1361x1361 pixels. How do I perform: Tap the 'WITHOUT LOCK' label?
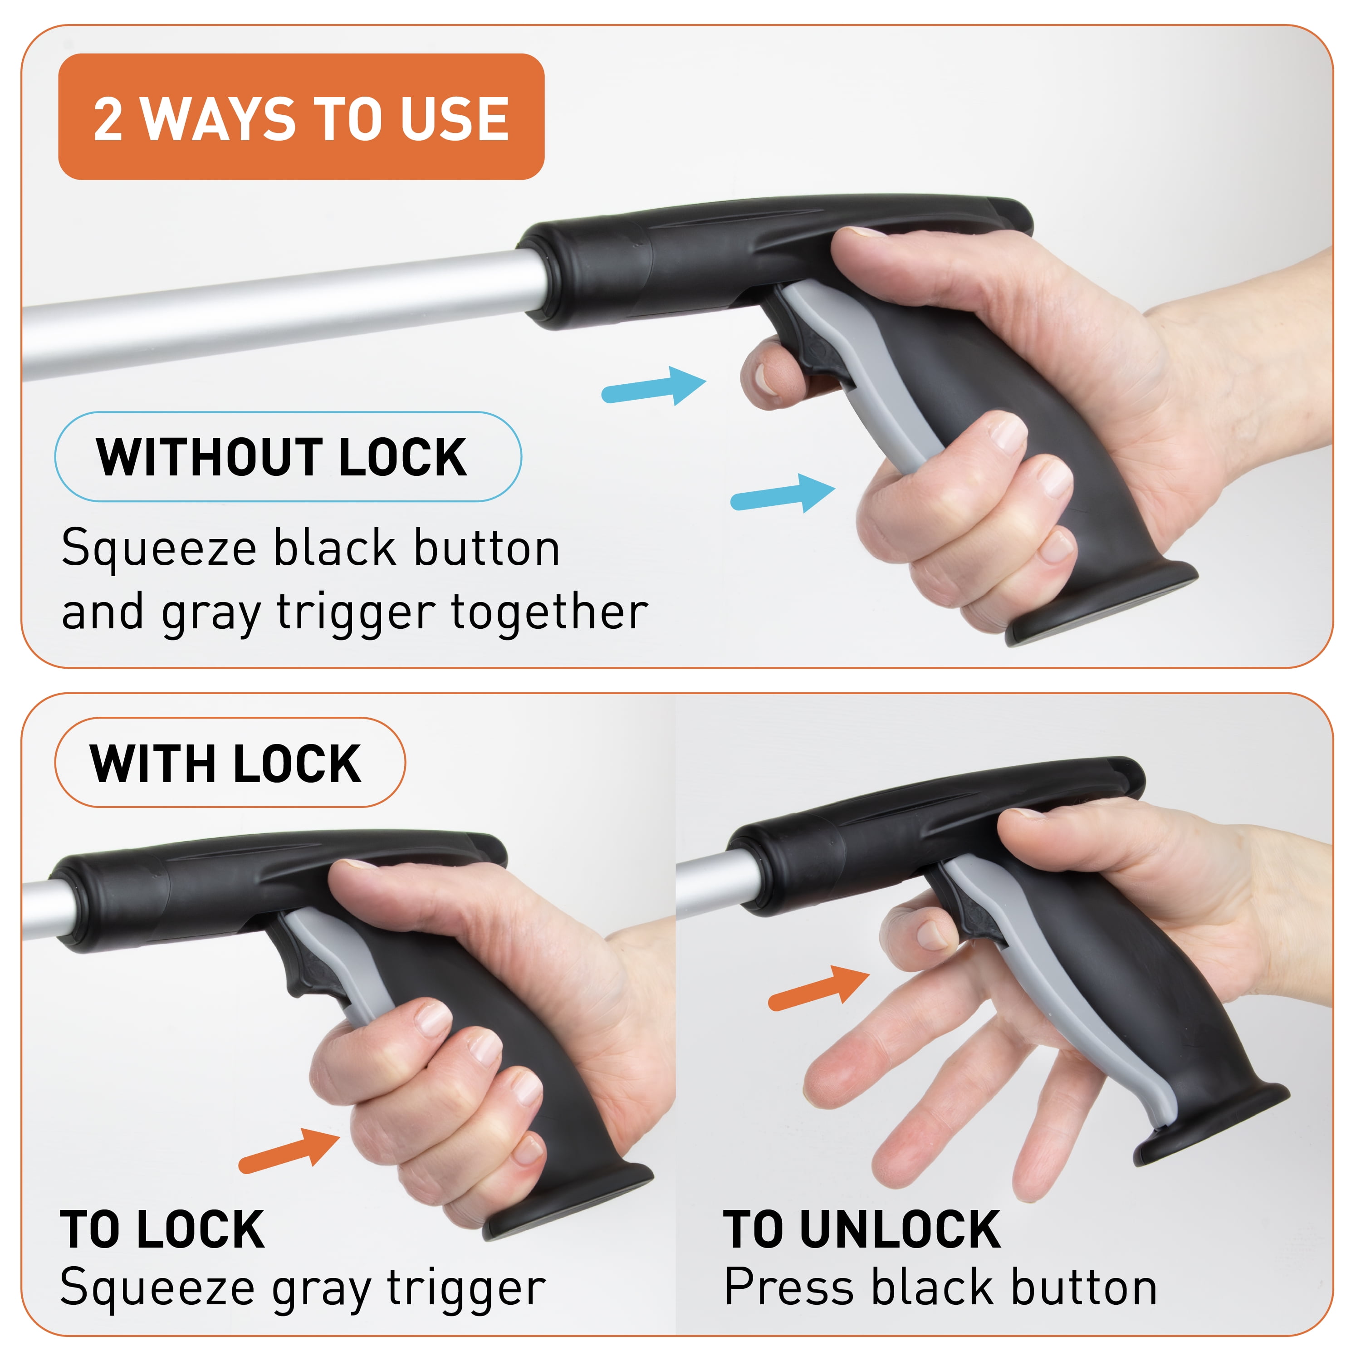pos(288,456)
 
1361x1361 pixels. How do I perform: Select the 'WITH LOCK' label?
pos(230,763)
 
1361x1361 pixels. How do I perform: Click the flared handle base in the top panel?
pos(1099,606)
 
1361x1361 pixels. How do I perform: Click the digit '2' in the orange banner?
pos(108,118)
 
